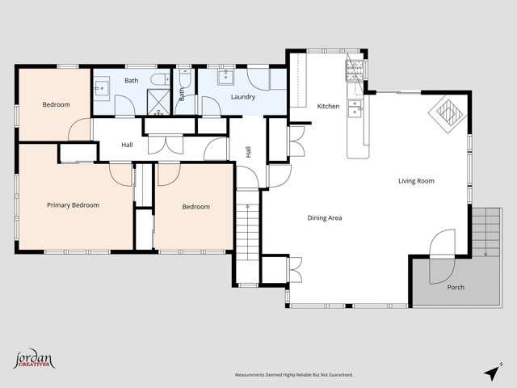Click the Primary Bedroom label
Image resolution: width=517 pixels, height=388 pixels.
tap(73, 205)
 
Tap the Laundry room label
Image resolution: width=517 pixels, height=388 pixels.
tap(242, 97)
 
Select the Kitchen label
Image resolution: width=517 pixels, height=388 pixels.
tap(328, 107)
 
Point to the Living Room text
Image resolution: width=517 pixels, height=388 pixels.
tap(416, 181)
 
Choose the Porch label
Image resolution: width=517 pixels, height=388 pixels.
tap(456, 287)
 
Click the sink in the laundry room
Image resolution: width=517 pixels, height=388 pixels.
tap(225, 78)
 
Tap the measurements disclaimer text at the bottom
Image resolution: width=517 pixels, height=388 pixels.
tap(293, 375)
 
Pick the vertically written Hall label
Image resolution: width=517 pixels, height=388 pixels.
tap(248, 152)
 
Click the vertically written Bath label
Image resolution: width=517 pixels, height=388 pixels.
tap(181, 94)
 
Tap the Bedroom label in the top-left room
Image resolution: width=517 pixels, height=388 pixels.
tap(56, 104)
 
